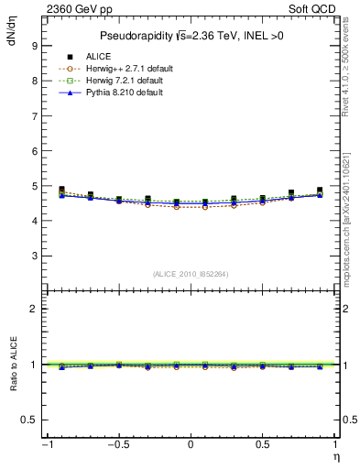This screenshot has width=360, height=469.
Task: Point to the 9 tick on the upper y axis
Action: (x=34, y=45)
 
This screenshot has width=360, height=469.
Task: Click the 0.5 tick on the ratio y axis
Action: (x=29, y=420)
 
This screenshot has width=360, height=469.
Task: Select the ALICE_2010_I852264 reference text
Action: (x=191, y=273)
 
